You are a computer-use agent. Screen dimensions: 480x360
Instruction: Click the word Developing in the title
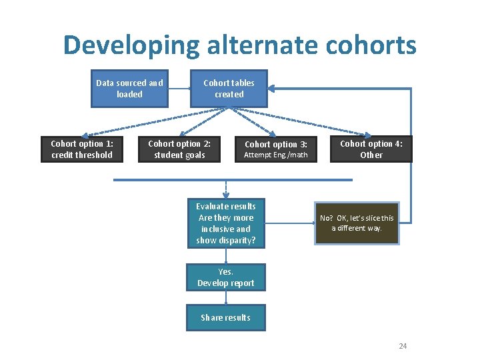[131, 46]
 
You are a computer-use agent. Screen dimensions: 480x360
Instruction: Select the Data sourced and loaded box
[129, 89]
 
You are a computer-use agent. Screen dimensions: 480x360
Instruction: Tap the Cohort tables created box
[229, 89]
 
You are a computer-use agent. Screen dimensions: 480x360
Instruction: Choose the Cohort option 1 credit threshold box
[82, 149]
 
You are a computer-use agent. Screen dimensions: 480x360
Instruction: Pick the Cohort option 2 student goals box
[179, 149]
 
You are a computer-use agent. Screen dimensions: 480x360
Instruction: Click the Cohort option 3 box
[275, 149]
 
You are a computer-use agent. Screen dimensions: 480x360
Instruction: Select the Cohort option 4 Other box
[371, 149]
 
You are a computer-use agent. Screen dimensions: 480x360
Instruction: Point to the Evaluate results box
[225, 223]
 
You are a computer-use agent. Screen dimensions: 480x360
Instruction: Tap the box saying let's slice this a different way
[357, 223]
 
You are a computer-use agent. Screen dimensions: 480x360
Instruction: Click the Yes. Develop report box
[225, 277]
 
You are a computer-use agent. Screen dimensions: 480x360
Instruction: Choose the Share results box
[225, 317]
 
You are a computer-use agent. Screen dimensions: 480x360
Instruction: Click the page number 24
[402, 346]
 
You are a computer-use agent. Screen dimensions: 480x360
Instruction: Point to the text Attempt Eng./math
[275, 155]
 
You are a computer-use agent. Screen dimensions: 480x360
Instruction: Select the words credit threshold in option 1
[82, 155]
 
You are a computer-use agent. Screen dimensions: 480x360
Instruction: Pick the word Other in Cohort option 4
[371, 155]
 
